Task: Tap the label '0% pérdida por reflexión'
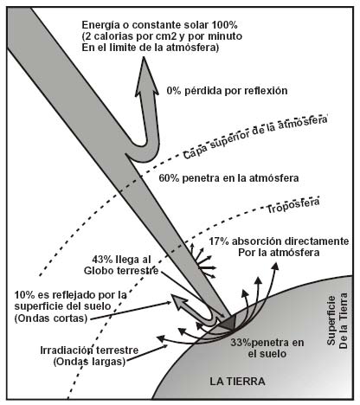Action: click(227, 91)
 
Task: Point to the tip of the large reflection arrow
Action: click(145, 57)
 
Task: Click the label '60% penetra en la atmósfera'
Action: click(228, 178)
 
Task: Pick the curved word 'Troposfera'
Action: click(292, 205)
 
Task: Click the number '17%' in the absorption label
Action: click(219, 241)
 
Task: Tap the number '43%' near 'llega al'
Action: click(102, 260)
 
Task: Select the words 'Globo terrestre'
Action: click(121, 271)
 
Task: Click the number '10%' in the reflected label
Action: click(24, 295)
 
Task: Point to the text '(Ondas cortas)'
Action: click(51, 318)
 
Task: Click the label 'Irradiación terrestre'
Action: click(89, 350)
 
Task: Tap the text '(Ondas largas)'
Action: click(89, 362)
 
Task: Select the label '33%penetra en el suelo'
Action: click(267, 348)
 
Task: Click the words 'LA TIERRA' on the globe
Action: click(237, 382)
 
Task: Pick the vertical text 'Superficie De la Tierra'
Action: click(337, 321)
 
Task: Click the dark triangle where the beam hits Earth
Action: click(229, 323)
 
